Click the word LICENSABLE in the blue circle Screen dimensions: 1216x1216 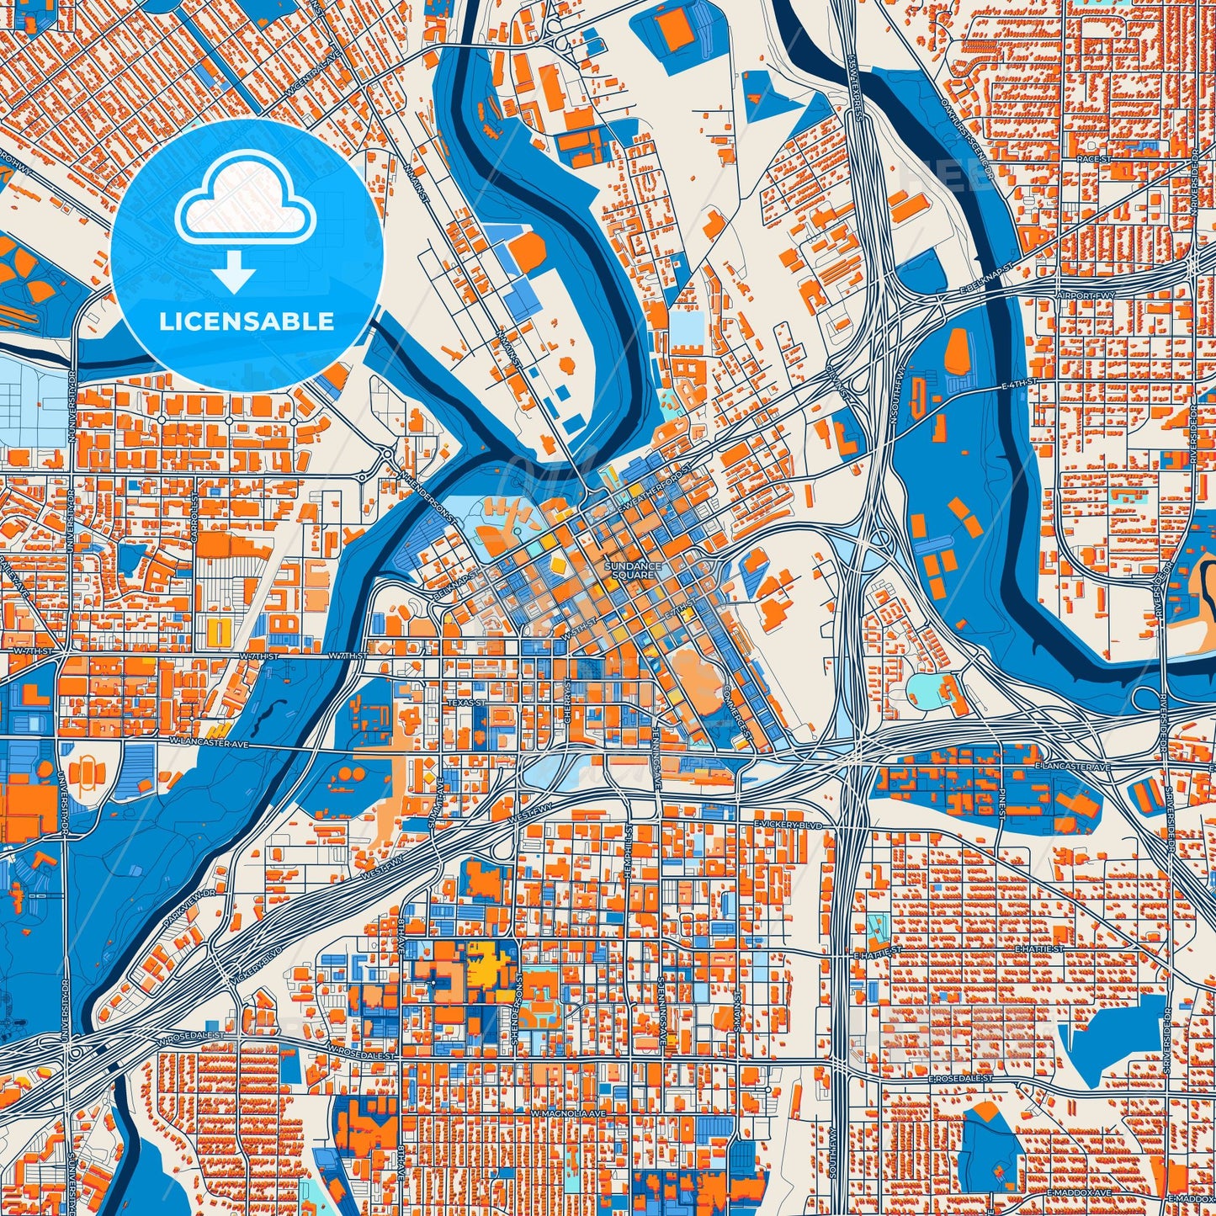coord(247,321)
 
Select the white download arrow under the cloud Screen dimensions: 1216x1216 coord(234,272)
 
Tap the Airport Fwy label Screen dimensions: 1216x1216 coord(1086,296)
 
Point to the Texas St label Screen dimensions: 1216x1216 coord(465,702)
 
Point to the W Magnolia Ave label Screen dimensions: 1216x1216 coord(568,1113)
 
